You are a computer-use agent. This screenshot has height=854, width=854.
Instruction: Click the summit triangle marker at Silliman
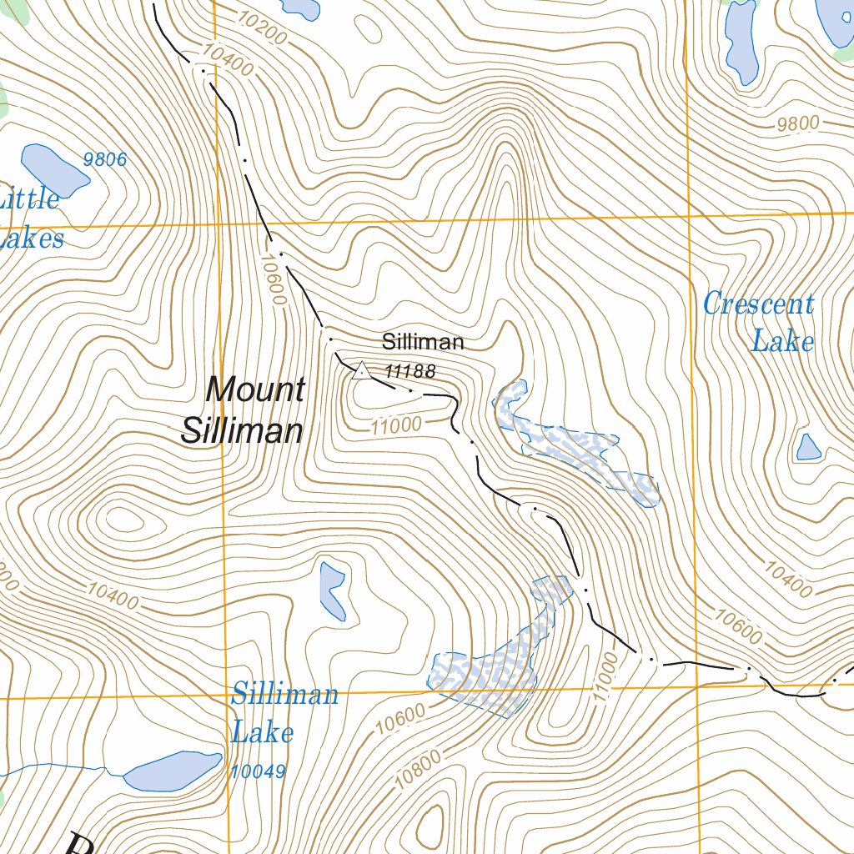(x=361, y=370)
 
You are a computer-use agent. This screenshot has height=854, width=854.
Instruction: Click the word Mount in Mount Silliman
(x=256, y=389)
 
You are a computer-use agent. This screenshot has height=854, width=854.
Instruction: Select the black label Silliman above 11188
(x=423, y=342)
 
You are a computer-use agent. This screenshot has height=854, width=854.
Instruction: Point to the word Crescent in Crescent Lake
(x=758, y=304)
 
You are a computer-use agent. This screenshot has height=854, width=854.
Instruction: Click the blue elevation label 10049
(x=259, y=772)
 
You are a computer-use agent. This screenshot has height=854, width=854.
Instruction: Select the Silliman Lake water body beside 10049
(x=173, y=771)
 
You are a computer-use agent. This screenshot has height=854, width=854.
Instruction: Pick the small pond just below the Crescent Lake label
(x=808, y=448)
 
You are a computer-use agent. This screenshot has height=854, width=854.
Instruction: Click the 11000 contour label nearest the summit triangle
(x=396, y=425)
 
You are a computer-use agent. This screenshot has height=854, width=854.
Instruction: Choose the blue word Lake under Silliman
(x=263, y=733)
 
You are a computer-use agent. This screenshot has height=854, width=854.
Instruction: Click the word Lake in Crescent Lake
(x=782, y=341)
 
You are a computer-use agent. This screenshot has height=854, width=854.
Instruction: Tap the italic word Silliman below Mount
(x=242, y=430)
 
